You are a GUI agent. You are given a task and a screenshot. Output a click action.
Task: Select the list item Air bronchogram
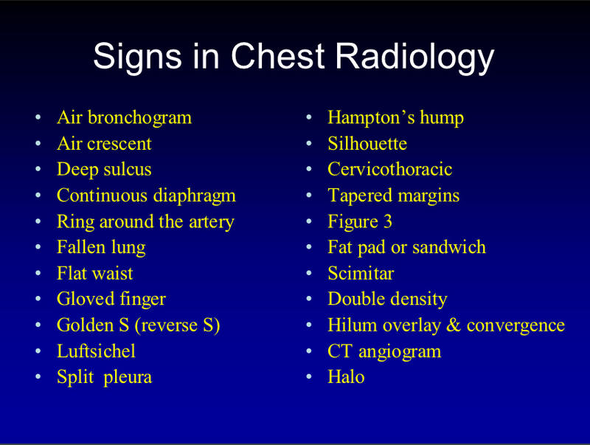point(124,117)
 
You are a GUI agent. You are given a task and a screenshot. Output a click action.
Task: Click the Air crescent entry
point(104,143)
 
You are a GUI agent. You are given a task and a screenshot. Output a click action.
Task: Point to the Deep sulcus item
point(104,169)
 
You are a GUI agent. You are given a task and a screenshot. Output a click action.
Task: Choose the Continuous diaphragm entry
point(146,196)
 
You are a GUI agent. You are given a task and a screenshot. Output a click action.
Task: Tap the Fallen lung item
point(101,247)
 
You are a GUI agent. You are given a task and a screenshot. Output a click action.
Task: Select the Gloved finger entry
point(111,299)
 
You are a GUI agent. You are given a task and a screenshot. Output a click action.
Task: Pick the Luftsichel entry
point(96,351)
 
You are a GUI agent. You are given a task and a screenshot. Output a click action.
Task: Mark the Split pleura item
point(104,377)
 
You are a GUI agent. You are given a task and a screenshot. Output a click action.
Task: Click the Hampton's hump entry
point(395,117)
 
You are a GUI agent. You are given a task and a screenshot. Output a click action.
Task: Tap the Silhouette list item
point(367,143)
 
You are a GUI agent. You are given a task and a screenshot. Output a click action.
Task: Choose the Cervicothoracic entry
point(389,169)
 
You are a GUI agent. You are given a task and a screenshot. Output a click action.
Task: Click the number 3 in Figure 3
point(387,221)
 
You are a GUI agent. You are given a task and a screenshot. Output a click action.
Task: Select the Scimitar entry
point(361,273)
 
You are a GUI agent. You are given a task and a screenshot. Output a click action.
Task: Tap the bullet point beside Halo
point(310,378)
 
